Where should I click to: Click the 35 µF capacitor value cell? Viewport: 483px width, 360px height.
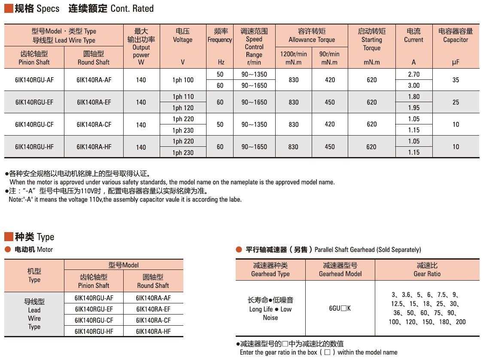(456, 80)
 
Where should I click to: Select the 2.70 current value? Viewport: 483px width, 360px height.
(414, 74)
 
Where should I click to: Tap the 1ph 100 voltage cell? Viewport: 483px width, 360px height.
(183, 80)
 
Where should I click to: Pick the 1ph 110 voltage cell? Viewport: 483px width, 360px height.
(183, 97)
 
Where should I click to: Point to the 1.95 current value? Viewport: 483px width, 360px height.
(414, 108)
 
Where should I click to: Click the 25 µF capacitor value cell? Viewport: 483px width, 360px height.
(456, 102)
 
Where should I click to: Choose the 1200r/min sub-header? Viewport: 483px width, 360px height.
(293, 58)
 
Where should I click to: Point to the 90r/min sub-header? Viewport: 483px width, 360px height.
(329, 58)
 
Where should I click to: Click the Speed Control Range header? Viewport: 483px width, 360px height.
(254, 46)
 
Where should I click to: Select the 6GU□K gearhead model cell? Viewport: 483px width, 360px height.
(340, 308)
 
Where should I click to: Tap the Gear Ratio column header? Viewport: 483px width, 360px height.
(427, 269)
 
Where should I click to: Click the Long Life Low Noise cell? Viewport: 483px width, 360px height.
(270, 309)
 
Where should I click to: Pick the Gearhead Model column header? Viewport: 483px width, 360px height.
(340, 269)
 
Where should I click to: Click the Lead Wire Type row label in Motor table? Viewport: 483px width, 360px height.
(34, 314)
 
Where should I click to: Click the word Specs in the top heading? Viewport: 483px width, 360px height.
(48, 9)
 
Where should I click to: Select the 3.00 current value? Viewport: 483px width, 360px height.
(414, 85)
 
